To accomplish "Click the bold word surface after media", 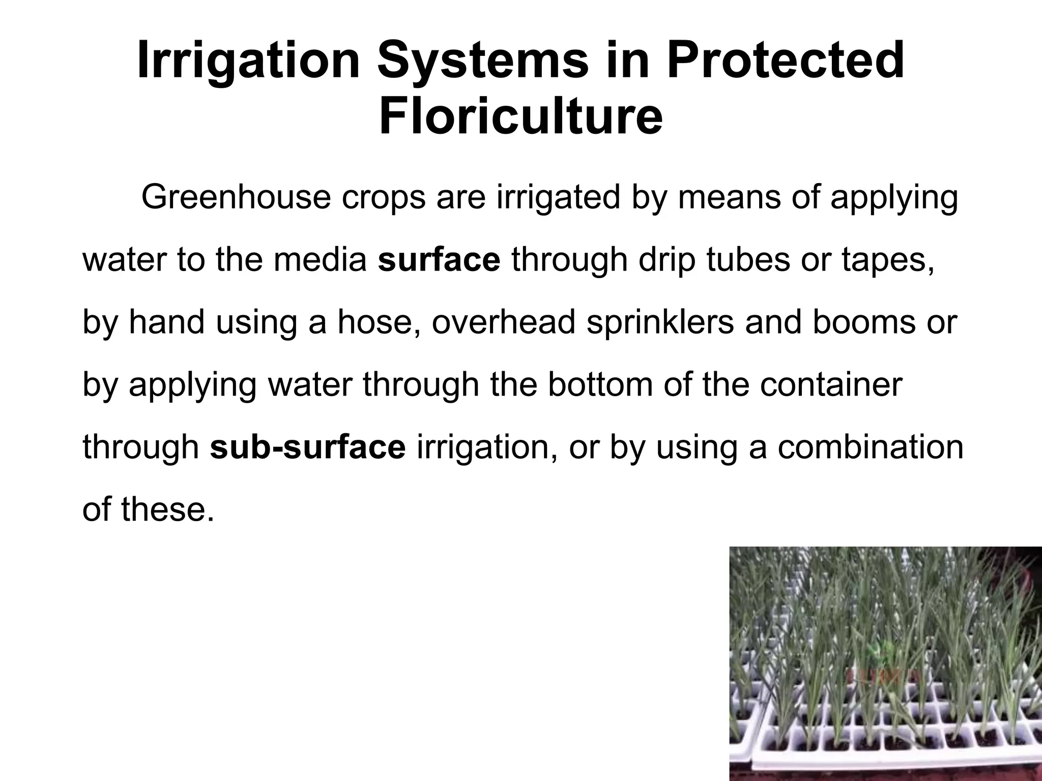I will (439, 260).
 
